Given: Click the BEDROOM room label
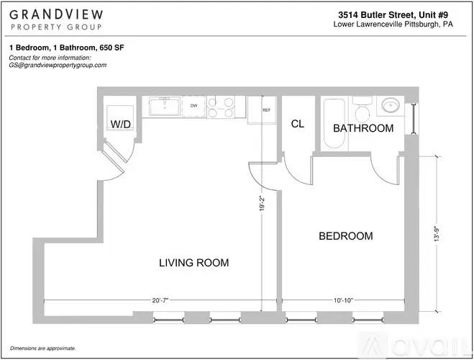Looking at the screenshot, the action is (x=346, y=236).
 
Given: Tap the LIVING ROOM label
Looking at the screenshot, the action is (x=194, y=263).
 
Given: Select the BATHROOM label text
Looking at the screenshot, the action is (x=363, y=128).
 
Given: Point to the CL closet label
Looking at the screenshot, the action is (x=298, y=124).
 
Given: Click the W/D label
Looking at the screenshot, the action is (x=121, y=124).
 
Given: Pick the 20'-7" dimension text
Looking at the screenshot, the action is (x=160, y=300).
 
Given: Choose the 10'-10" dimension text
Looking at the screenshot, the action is (x=343, y=300).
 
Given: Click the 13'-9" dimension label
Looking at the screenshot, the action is (x=437, y=234).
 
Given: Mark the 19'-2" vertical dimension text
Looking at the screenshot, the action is (x=262, y=204).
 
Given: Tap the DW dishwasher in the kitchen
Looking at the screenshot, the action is (x=193, y=106).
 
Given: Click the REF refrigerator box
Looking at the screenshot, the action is (x=262, y=110).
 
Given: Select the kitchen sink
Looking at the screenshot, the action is (x=165, y=106).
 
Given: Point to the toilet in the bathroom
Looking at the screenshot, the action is (x=362, y=109).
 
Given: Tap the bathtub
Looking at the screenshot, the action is (x=334, y=123).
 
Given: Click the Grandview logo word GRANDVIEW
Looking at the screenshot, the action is (x=56, y=15).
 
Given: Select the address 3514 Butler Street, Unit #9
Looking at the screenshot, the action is (x=393, y=14).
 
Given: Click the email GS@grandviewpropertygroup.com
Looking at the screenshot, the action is (x=58, y=65).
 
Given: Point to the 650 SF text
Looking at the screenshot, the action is (x=112, y=48).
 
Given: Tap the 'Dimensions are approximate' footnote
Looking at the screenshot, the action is (x=42, y=348).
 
